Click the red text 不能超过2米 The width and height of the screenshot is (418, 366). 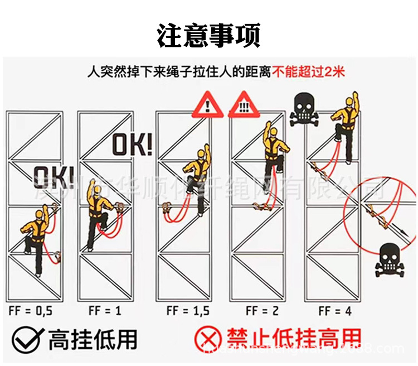pyautogui.click(x=309, y=72)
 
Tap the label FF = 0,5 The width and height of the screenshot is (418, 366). pyautogui.click(x=30, y=311)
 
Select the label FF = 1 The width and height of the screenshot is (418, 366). pyautogui.click(x=104, y=311)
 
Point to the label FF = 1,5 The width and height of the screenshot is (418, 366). pyautogui.click(x=186, y=311)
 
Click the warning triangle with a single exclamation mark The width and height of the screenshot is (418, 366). pyautogui.click(x=208, y=106)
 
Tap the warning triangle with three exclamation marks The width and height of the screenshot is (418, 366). pyautogui.click(x=242, y=105)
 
